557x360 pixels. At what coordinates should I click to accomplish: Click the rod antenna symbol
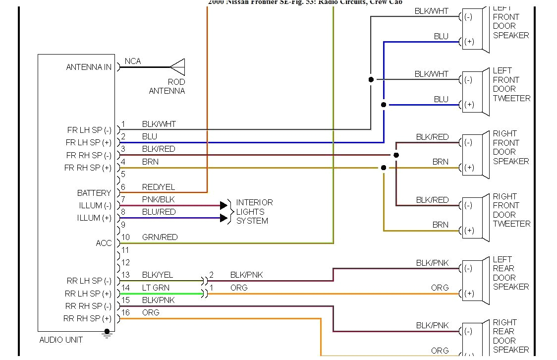(177, 67)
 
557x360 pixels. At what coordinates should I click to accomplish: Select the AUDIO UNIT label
(61, 340)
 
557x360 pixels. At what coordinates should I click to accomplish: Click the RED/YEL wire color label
(159, 187)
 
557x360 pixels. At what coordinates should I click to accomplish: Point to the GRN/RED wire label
(160, 237)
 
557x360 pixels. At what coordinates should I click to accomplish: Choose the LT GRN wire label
(156, 288)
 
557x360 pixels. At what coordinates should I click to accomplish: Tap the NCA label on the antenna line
(133, 61)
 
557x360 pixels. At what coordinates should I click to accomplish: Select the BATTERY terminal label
(94, 193)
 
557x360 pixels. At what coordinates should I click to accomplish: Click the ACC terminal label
(104, 243)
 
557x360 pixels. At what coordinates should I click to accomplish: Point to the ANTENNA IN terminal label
(89, 67)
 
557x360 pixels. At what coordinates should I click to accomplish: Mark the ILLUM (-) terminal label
(95, 205)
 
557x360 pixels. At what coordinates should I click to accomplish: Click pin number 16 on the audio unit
(126, 312)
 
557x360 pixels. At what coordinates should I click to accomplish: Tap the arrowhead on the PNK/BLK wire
(223, 205)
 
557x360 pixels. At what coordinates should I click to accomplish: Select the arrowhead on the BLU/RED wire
(223, 218)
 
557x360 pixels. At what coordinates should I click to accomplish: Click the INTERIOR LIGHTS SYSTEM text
(254, 212)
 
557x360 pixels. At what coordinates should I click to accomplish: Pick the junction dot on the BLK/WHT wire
(371, 79)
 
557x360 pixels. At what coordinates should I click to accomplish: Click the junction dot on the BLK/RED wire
(396, 155)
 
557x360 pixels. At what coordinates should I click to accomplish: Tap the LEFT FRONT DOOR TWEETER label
(511, 84)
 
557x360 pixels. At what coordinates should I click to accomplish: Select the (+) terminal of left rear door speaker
(469, 294)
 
